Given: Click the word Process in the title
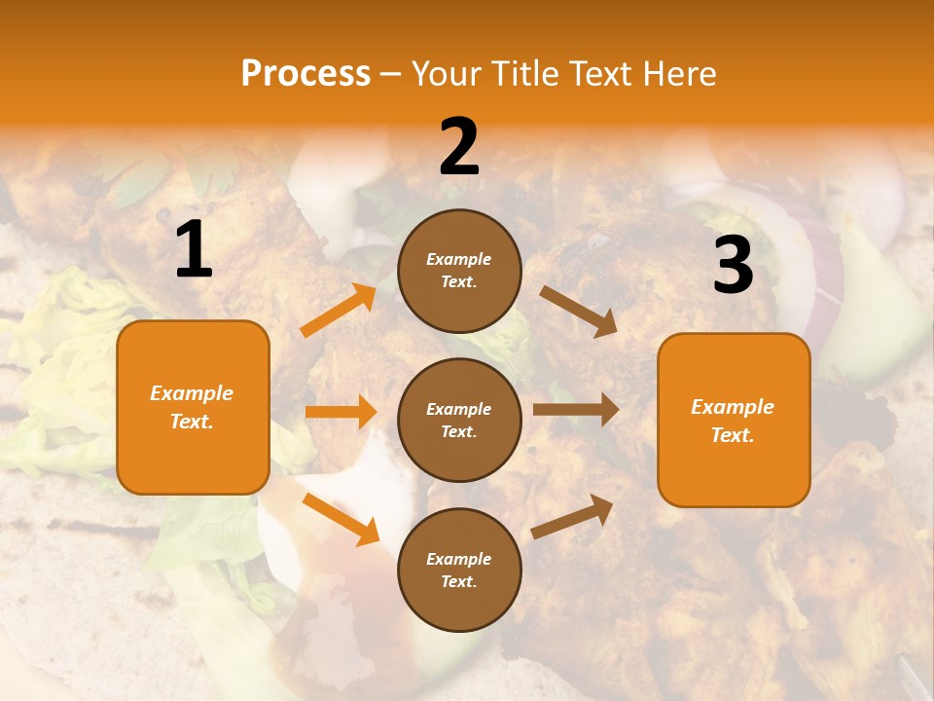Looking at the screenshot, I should (x=305, y=74).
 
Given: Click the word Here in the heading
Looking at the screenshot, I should (x=679, y=74).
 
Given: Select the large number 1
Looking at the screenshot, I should (x=194, y=250).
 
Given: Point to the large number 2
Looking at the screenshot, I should (x=459, y=147).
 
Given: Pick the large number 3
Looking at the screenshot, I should (x=733, y=265).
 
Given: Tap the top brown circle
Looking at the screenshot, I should (x=459, y=271).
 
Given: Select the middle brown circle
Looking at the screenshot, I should (x=459, y=420).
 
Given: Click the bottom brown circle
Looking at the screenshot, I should (x=459, y=570).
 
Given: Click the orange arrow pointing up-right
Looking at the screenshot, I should (x=338, y=311).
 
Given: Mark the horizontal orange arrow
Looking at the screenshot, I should (x=341, y=412).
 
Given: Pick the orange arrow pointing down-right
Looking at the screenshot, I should (x=341, y=519).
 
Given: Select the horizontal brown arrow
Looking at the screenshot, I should (x=575, y=410).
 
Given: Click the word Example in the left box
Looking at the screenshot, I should (x=192, y=393).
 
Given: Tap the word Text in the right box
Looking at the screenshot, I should (x=732, y=435).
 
